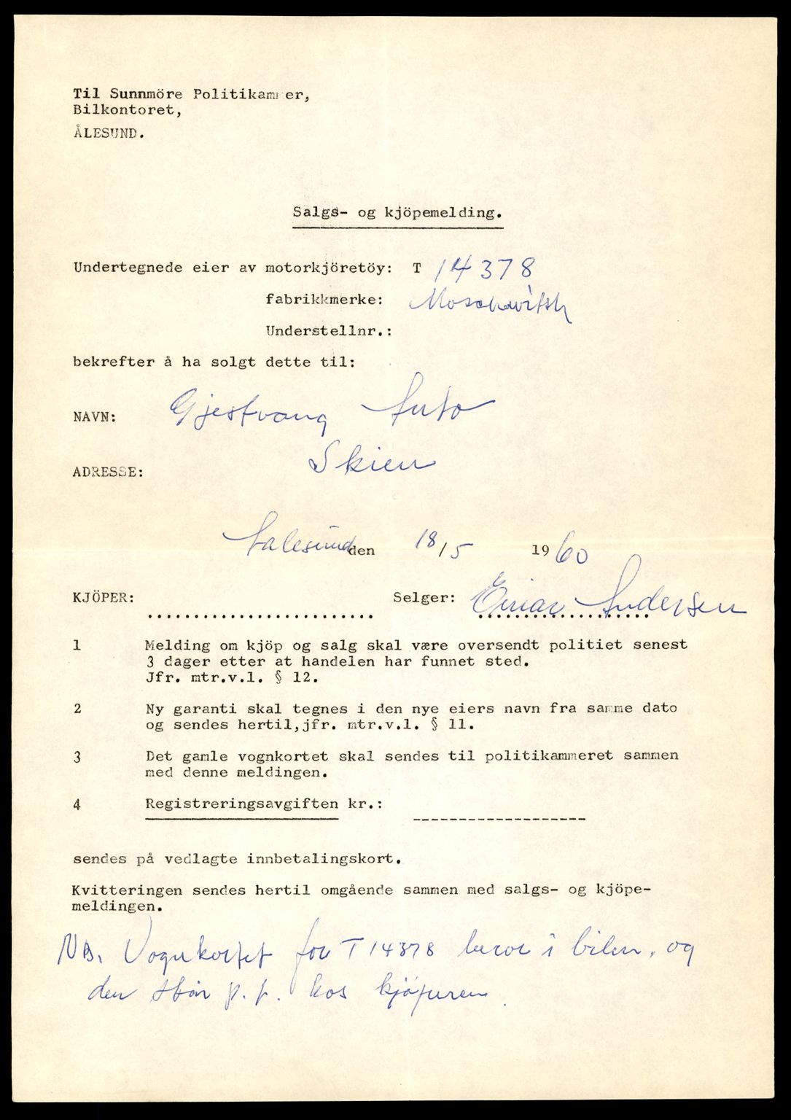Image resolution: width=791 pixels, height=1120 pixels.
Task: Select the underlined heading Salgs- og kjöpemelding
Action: tap(397, 213)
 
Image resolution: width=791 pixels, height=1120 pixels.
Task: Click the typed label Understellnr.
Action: tap(328, 330)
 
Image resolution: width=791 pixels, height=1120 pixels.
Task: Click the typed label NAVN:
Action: tap(94, 418)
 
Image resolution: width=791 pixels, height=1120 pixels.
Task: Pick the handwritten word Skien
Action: tap(371, 462)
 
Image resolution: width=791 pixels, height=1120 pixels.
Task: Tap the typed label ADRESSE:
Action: tap(108, 472)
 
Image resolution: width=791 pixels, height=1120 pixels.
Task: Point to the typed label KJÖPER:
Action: tap(103, 597)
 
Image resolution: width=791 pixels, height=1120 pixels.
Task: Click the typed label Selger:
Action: tap(424, 597)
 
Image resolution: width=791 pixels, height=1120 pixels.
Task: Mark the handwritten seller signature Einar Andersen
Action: tap(605, 601)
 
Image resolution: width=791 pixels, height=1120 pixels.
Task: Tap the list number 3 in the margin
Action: tap(77, 757)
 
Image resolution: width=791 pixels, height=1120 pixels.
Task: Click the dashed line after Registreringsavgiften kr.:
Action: tap(499, 819)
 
